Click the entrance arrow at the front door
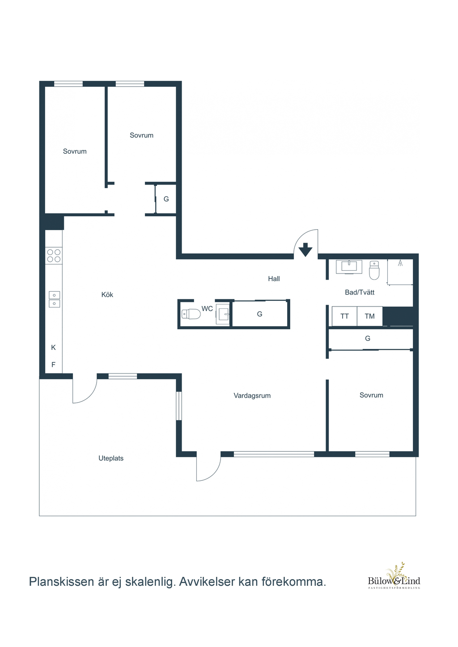coord(305,250)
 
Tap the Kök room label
coord(107,294)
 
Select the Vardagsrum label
coord(252,396)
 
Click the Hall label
coord(274,279)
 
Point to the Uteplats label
coord(111,458)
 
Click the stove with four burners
coord(54,256)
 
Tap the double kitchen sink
coord(55,299)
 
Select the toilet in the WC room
coord(191,314)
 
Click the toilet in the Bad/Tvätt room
coord(374,270)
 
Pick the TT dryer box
coord(344,316)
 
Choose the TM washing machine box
coord(370,316)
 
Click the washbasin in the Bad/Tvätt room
coord(349,267)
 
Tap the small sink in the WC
coord(223,314)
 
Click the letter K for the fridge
coord(54,348)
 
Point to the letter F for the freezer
coord(54,365)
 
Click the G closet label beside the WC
coord(260,314)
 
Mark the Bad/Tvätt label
coord(360,292)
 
